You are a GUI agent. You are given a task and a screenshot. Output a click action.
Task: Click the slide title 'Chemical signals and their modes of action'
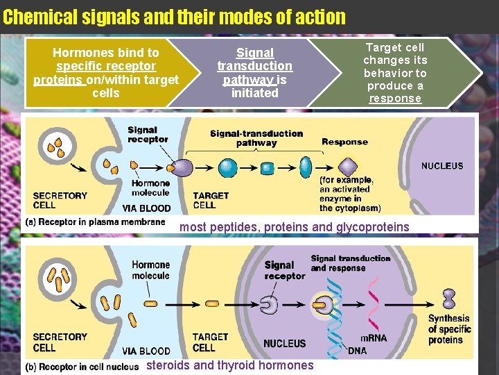174,17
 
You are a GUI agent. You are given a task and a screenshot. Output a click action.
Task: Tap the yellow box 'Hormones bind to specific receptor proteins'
105,73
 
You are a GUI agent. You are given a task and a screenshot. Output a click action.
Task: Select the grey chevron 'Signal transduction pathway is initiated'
254,73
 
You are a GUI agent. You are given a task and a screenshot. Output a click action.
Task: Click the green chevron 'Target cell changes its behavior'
395,73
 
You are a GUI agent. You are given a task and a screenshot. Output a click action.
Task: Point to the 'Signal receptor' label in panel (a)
148,135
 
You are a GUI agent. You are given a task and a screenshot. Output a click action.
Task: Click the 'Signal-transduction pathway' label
256,138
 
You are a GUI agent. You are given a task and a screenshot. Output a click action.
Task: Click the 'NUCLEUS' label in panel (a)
441,166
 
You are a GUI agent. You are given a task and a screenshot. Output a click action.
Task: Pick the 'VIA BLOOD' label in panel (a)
146,208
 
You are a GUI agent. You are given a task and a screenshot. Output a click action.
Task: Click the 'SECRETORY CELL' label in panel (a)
60,201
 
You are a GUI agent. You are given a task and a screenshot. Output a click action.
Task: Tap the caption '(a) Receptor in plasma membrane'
95,222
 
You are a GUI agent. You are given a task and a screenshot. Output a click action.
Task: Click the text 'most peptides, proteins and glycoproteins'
295,227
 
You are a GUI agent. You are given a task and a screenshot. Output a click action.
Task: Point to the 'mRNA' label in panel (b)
374,338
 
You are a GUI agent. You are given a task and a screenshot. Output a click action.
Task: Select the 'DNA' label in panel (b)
357,351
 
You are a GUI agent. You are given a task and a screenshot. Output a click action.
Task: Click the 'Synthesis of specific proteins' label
448,329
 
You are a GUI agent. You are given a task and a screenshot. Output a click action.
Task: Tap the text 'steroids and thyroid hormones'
230,365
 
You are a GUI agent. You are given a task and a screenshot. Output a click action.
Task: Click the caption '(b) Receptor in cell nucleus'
82,367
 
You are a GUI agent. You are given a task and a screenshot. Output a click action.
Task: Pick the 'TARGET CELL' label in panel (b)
210,342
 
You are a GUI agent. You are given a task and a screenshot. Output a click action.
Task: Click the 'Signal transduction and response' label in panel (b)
351,263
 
